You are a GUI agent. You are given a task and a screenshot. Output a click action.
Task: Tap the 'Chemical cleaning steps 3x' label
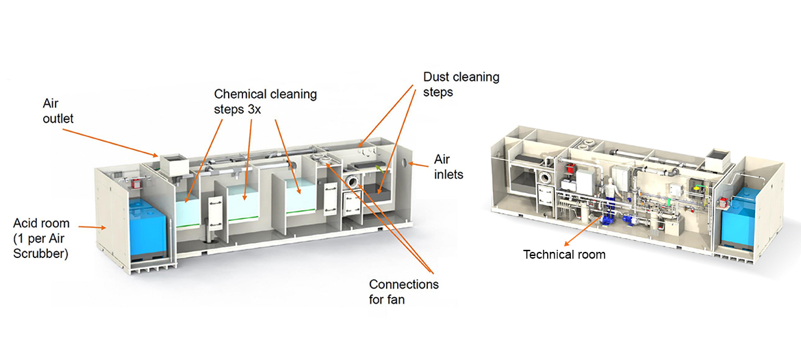[x=265, y=102]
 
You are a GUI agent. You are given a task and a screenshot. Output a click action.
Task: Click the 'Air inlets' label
[x=448, y=166]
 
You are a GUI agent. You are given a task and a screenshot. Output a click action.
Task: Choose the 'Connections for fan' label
[x=403, y=291]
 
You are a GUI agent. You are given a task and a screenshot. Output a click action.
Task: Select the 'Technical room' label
[x=564, y=255]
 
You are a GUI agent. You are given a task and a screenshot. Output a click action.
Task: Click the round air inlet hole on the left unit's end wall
[x=409, y=164]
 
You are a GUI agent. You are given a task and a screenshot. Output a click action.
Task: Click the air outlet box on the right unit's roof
[x=721, y=159]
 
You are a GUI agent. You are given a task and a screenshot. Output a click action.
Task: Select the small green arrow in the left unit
[x=377, y=168]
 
